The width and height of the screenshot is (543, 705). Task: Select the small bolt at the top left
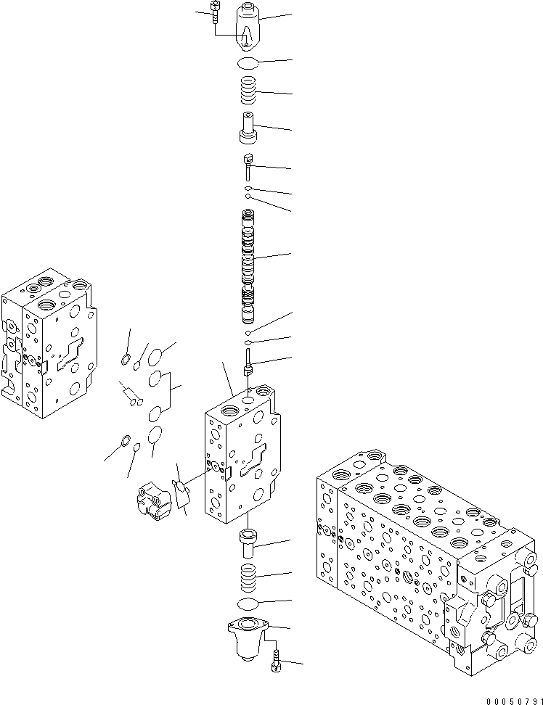[x=213, y=12]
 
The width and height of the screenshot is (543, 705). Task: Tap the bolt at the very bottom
[x=275, y=661]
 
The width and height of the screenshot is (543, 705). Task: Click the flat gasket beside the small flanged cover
[x=181, y=491]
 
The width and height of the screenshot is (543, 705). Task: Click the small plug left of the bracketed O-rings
[x=130, y=395]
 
